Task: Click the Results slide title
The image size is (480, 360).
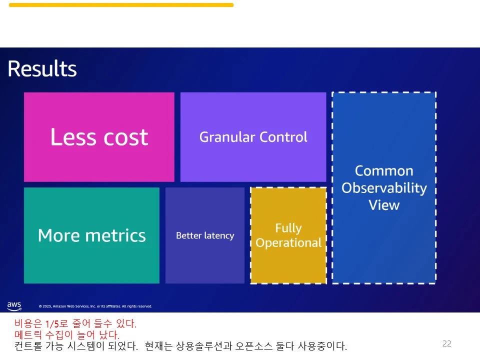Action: coord(42,68)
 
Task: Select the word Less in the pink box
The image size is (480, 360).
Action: coord(73,136)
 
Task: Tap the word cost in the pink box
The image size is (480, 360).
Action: coord(126,137)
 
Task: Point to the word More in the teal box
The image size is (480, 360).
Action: coord(59,235)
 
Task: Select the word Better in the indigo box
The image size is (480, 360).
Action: coord(188,235)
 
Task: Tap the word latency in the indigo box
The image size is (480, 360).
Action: coord(219,235)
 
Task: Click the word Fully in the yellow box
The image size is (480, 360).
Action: coord(288,228)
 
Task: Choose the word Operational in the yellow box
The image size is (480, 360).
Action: coord(288,243)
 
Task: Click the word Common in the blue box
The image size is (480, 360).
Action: coord(384,171)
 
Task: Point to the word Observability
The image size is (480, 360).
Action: coord(384,188)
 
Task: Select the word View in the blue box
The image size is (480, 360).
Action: coord(384,205)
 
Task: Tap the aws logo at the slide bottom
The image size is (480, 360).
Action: coord(14,306)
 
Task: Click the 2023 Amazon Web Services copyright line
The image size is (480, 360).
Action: coord(95,306)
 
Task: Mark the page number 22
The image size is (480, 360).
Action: coord(447,343)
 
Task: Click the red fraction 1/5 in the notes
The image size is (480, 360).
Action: coord(52,323)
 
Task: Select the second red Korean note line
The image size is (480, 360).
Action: coord(66,334)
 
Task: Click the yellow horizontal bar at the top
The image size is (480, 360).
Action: coord(121,5)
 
